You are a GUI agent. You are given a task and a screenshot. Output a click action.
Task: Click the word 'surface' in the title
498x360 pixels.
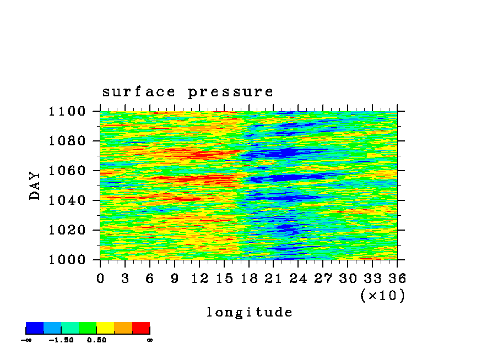pos(139,92)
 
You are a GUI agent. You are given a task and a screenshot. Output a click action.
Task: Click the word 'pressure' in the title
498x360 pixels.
pos(231,92)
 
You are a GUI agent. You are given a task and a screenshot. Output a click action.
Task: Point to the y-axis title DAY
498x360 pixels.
pos(35,186)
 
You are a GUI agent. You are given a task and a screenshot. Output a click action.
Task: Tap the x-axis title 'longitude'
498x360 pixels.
pos(250,312)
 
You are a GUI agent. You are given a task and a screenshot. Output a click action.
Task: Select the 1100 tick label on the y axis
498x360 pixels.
pos(67,111)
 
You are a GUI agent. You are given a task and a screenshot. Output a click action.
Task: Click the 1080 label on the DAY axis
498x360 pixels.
pos(67,141)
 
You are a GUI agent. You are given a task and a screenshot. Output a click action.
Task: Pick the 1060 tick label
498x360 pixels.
pos(67,171)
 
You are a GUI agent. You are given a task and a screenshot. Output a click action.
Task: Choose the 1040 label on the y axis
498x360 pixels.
pos(67,200)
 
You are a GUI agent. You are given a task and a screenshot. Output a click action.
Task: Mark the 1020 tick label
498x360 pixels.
pos(67,230)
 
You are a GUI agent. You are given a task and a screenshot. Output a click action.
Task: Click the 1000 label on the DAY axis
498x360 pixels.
pos(67,260)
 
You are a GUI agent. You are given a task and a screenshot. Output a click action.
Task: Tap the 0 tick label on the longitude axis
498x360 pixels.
pos(100,279)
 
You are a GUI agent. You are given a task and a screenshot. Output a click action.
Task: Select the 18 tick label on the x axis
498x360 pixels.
pos(249,279)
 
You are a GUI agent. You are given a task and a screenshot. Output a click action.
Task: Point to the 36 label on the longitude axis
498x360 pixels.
pos(397,279)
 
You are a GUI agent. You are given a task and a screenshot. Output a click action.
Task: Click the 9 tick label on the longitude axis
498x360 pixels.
pos(175,279)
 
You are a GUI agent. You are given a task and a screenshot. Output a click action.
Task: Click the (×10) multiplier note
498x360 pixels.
pos(383,296)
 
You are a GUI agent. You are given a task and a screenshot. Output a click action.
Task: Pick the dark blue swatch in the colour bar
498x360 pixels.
pos(35,328)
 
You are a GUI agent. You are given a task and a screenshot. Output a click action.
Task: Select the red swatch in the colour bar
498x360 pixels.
pos(141,328)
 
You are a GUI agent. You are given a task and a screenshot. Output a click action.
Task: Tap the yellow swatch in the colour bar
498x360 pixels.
pos(105,328)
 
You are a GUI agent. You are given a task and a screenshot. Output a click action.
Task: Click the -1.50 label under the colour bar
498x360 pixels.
pos(61,340)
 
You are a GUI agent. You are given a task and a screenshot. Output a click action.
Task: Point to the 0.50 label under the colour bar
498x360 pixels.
pos(96,340)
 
